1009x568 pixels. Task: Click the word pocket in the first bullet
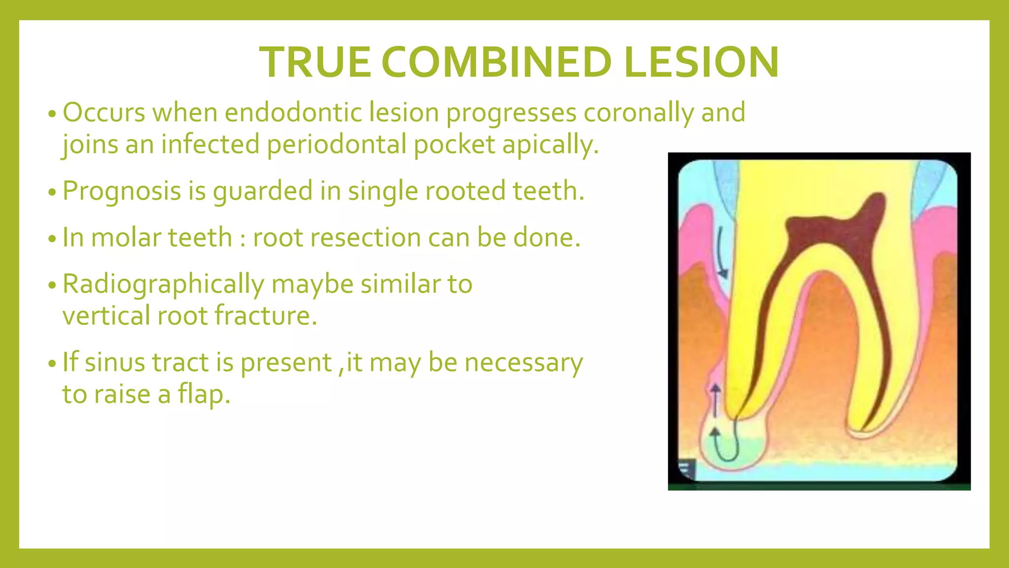(454, 144)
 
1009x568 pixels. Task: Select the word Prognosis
(121, 191)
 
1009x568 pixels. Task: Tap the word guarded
(263, 191)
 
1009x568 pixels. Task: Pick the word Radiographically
(163, 284)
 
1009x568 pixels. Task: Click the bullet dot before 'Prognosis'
(53, 193)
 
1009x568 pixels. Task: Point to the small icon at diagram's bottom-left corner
(687, 469)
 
